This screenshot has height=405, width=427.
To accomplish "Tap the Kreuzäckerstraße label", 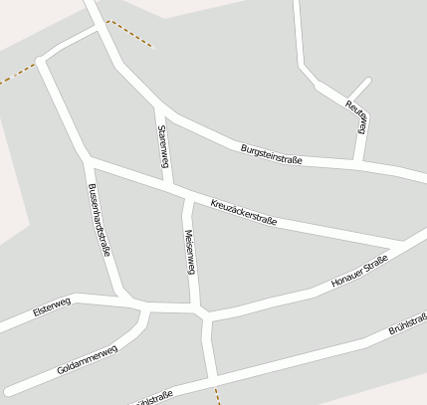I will [x=243, y=212].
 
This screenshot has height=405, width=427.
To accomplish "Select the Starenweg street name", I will [x=161, y=145].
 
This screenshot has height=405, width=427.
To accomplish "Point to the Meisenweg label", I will [x=190, y=252].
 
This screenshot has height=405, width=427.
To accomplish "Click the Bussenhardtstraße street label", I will [x=98, y=219].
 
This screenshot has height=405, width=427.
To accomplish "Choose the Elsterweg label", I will [x=52, y=309].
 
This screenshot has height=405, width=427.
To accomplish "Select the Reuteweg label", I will [x=357, y=116].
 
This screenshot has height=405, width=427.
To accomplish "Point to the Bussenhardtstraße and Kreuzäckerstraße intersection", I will [x=88, y=157].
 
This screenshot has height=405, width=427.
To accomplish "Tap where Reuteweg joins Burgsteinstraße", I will [x=357, y=161].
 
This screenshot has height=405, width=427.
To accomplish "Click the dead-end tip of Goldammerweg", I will [x=8, y=389].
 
